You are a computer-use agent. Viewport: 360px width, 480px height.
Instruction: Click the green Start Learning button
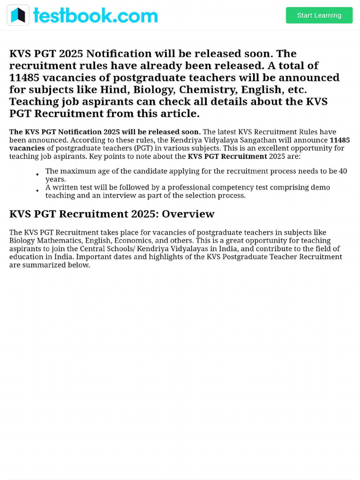[x=319, y=15]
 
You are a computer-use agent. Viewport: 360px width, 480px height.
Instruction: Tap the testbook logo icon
[x=18, y=15]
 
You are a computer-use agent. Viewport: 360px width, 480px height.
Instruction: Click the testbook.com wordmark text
[x=95, y=15]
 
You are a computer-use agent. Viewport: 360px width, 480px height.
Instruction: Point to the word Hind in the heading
[x=113, y=90]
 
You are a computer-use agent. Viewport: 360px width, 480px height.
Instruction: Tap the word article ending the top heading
[x=179, y=113]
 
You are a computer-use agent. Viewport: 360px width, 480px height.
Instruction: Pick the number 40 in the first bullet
[x=342, y=171]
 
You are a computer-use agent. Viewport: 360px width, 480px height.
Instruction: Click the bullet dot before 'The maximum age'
[x=37, y=175]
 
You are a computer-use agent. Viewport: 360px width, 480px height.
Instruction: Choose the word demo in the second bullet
[x=320, y=187]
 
